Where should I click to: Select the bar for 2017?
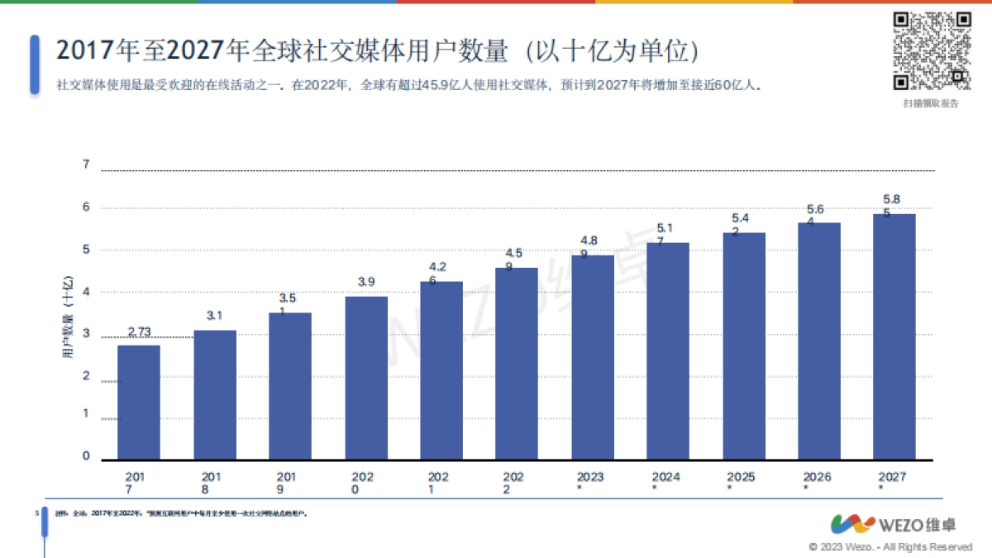click(x=139, y=402)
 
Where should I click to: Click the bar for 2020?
click(x=366, y=378)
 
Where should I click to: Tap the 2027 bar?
click(x=894, y=336)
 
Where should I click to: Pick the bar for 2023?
click(x=593, y=357)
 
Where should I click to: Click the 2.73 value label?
click(x=139, y=332)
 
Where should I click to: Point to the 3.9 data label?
click(x=366, y=283)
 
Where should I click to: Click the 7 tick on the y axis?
click(x=86, y=165)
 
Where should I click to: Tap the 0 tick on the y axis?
click(x=86, y=455)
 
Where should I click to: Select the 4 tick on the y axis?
click(x=86, y=292)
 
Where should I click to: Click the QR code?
click(x=931, y=51)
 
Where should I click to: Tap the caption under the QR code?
click(x=931, y=103)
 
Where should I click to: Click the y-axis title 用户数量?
click(x=69, y=318)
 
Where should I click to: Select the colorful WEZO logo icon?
click(x=852, y=524)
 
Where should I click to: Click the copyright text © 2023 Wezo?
click(x=890, y=547)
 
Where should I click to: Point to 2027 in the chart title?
click(x=196, y=51)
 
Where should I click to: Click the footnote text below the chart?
click(x=182, y=514)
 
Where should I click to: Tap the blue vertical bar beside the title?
click(x=35, y=64)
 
